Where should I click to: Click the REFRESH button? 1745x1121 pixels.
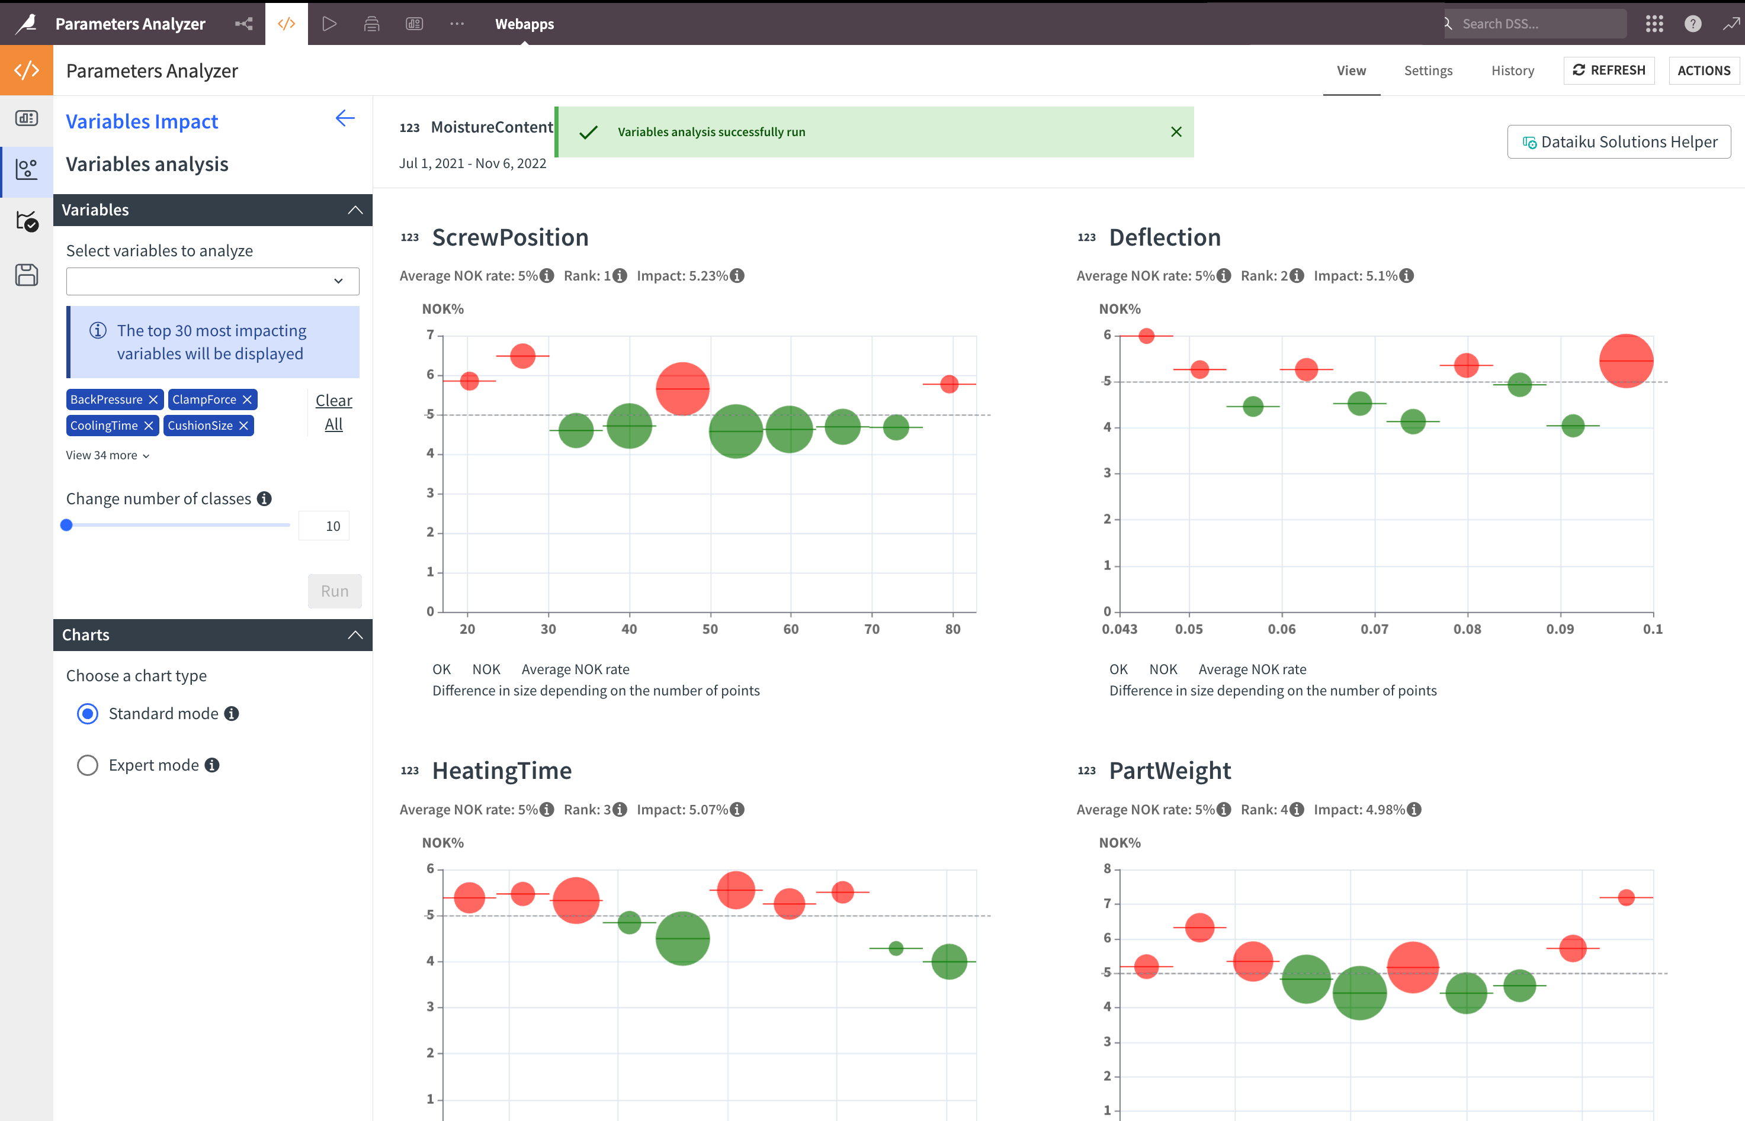(1608, 70)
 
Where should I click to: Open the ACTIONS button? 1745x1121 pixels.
(1703, 70)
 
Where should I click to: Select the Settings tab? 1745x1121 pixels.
(1428, 70)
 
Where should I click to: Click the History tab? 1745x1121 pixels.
(1512, 70)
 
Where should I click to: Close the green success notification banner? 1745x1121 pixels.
(1175, 132)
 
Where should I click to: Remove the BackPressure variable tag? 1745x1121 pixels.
(153, 400)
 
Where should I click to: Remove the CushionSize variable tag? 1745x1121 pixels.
(244, 426)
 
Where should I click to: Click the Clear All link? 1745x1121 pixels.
(333, 412)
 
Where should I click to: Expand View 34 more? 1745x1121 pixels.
(107, 455)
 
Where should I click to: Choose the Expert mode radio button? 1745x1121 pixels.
(88, 765)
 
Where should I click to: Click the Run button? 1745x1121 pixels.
(334, 591)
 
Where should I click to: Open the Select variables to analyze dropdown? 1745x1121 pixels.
(212, 281)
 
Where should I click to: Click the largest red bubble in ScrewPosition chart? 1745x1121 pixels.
(682, 389)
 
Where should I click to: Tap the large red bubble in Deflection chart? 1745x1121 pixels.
(1625, 361)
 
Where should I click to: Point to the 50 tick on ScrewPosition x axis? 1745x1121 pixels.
(710, 629)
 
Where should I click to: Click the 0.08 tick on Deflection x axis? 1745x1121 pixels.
(1467, 629)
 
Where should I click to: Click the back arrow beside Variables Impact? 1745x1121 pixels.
(345, 118)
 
